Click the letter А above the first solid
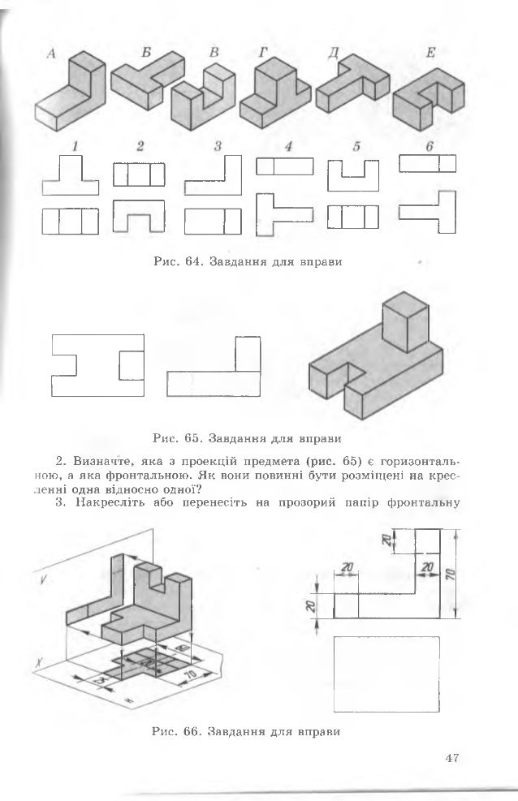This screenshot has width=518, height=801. pyautogui.click(x=51, y=54)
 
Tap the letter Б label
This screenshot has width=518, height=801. pyautogui.click(x=145, y=51)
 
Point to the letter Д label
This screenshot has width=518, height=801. pyautogui.click(x=331, y=54)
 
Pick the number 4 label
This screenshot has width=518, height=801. pyautogui.click(x=289, y=147)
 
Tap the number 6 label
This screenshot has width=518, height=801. pyautogui.click(x=429, y=147)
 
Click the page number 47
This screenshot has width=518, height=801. pyautogui.click(x=452, y=758)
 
